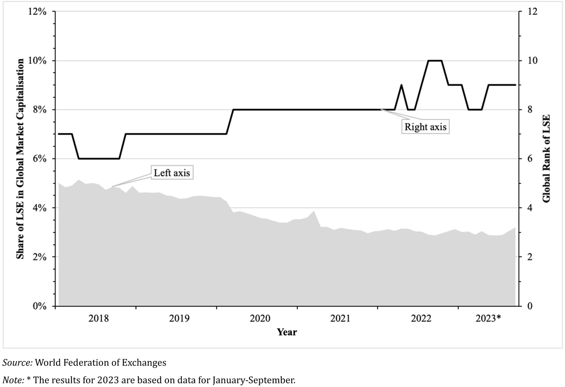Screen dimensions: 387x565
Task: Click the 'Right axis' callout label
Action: [x=425, y=127]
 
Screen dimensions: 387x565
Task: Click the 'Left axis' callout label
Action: [x=172, y=173]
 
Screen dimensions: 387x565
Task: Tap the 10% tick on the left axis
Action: [x=38, y=61]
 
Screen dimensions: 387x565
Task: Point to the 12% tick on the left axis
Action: [x=38, y=12]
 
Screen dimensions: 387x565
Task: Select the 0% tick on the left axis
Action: [x=40, y=306]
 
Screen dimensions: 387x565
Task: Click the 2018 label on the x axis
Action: [x=98, y=318]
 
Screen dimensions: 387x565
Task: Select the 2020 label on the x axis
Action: [x=260, y=318]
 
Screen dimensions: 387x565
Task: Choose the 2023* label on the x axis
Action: [x=488, y=318]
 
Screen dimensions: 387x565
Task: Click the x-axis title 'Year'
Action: [x=286, y=332]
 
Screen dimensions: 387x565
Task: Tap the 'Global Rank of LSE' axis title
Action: [x=546, y=159]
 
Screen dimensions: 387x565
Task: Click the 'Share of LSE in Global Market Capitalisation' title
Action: [x=19, y=159]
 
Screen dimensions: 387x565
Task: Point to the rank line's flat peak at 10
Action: [x=435, y=61]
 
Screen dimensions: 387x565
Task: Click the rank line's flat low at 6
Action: [x=99, y=159]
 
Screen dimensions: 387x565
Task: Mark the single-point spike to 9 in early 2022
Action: [x=401, y=85]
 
